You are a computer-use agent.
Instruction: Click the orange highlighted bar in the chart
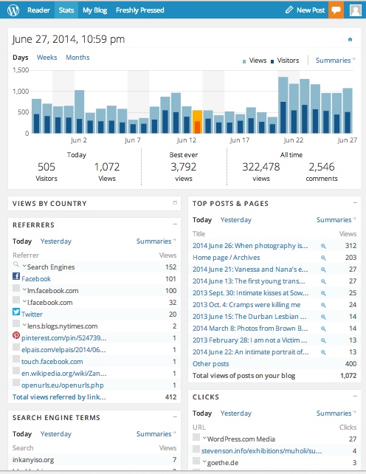(x=197, y=123)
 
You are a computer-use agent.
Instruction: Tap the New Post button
(x=305, y=10)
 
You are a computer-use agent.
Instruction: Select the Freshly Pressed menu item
(x=140, y=10)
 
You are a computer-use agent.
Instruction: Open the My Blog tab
(x=94, y=10)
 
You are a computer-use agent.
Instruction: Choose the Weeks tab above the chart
(x=46, y=58)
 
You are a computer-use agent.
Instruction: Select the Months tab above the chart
(x=77, y=58)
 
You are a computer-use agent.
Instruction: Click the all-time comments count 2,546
(x=321, y=167)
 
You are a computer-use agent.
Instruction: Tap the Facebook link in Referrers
(x=36, y=279)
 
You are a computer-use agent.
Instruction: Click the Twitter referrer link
(x=32, y=314)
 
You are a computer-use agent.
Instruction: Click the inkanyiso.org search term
(x=33, y=459)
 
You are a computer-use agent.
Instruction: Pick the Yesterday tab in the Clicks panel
(x=235, y=413)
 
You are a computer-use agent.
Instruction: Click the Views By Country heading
(x=49, y=204)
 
